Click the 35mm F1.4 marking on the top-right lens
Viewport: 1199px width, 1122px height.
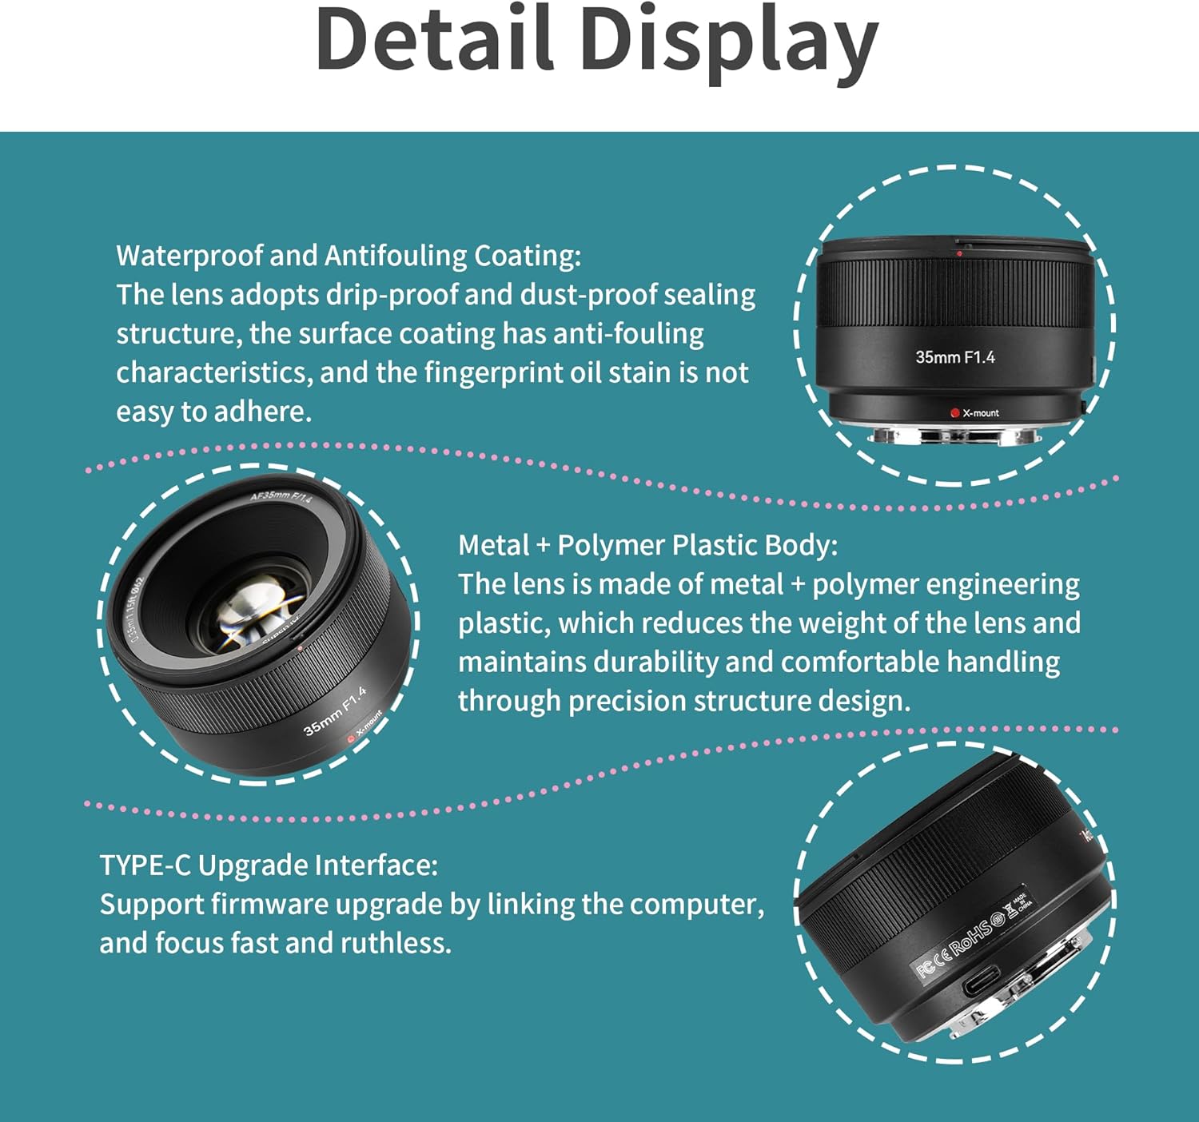[x=955, y=357]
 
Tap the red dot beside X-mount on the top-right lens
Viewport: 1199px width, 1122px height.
[x=954, y=413]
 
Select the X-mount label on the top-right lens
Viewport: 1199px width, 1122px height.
[x=981, y=413]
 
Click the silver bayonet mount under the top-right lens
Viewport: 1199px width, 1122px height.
[x=956, y=436]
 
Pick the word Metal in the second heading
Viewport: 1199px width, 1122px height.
[x=494, y=545]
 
